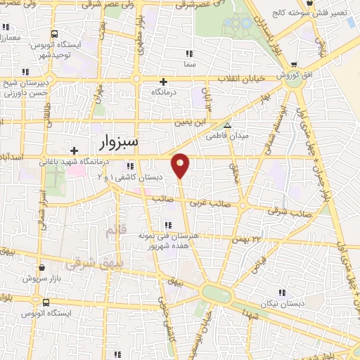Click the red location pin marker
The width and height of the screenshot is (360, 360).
click(181, 165)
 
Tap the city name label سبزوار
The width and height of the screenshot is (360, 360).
click(115, 143)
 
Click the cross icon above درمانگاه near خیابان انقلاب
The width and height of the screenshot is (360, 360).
click(164, 82)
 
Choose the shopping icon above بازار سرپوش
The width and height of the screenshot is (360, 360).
click(42, 268)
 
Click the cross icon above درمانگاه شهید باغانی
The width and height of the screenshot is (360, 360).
click(74, 150)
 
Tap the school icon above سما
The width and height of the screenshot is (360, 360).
click(188, 53)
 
